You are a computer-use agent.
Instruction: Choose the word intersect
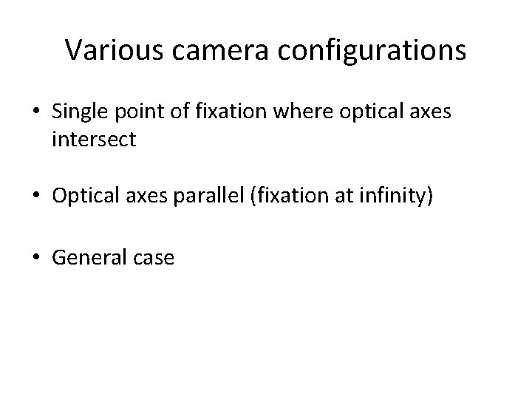tap(94, 140)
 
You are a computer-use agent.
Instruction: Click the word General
tap(86, 258)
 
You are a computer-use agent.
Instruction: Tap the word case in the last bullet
tap(150, 258)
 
